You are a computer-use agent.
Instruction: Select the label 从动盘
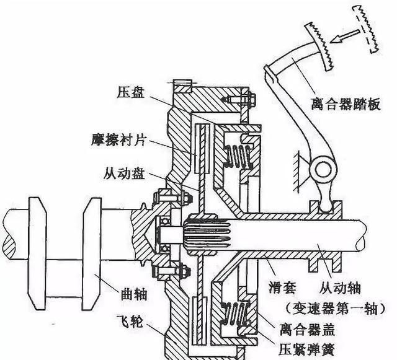click(x=126, y=174)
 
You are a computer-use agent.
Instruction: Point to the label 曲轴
click(x=132, y=289)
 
